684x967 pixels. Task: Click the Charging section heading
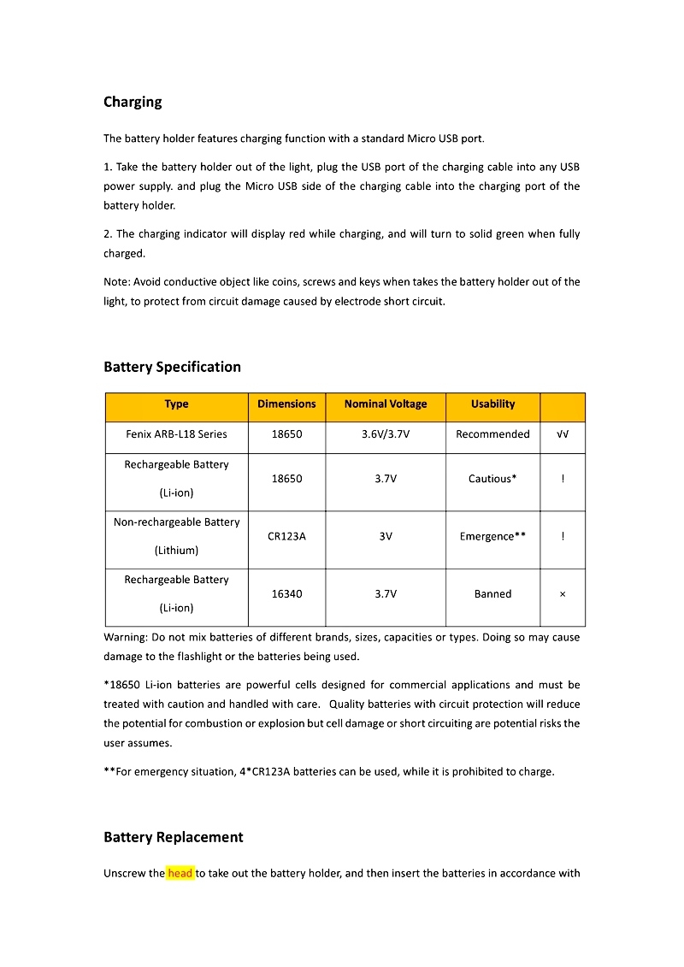(133, 102)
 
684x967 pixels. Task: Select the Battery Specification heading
(172, 367)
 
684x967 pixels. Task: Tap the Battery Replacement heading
(173, 837)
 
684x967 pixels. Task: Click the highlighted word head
(180, 873)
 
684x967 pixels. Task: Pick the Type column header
(176, 404)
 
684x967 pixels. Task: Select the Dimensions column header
(286, 404)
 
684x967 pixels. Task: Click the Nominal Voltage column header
(385, 404)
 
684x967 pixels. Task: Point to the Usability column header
(492, 404)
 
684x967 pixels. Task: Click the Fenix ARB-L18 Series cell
(176, 434)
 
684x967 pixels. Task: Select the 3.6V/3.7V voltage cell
(385, 434)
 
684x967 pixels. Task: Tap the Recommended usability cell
(492, 434)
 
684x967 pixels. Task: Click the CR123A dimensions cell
(286, 537)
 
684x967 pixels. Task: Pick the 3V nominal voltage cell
(385, 537)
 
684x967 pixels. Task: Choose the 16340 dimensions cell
(286, 594)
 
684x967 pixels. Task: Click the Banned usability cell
(492, 594)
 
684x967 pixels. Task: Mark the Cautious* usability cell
(492, 479)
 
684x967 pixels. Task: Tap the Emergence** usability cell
(492, 537)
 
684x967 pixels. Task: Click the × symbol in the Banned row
(562, 594)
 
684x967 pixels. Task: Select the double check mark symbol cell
(563, 434)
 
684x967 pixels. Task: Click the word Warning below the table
(126, 637)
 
